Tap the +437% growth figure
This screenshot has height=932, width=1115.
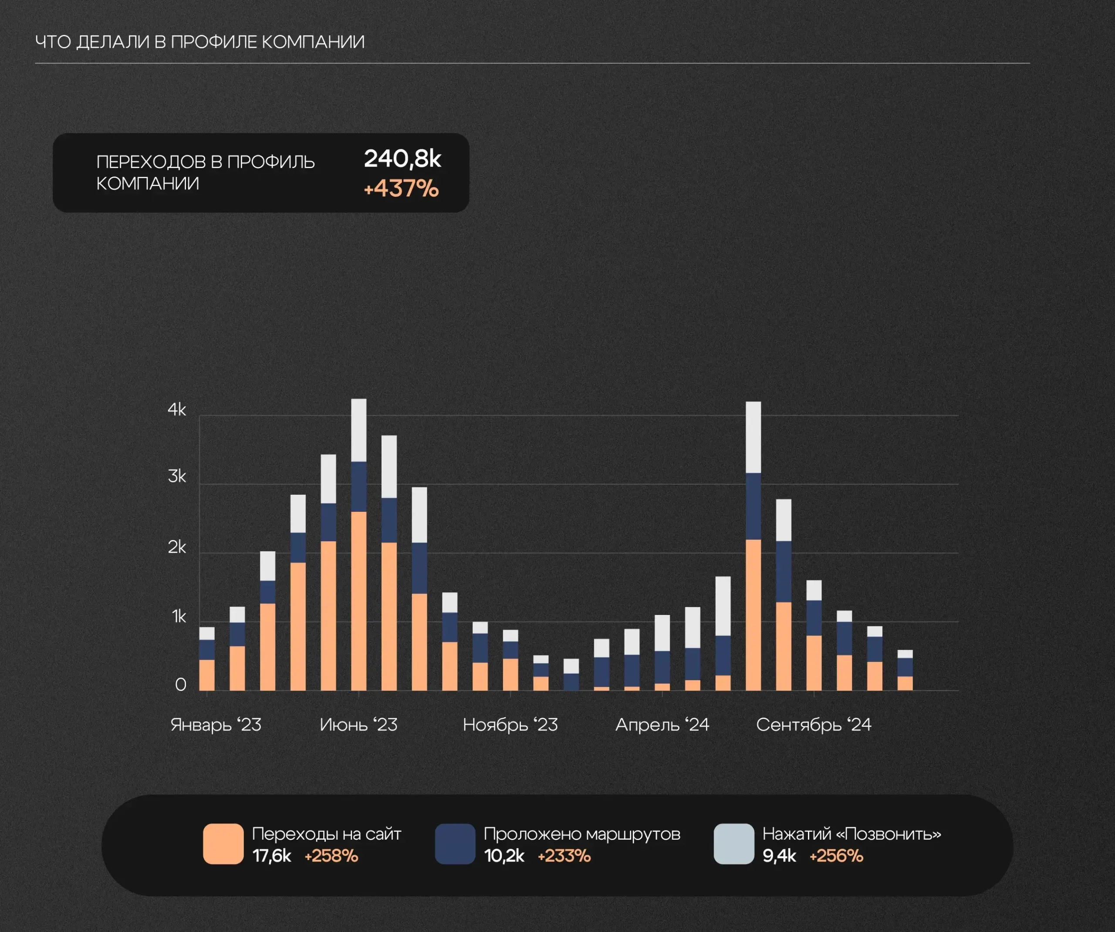pyautogui.click(x=401, y=189)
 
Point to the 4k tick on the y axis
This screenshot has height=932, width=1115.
pyautogui.click(x=177, y=409)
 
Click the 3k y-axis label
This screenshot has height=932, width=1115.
pyautogui.click(x=177, y=476)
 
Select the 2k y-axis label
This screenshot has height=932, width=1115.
pyautogui.click(x=177, y=547)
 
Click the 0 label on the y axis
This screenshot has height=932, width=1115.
pyautogui.click(x=180, y=685)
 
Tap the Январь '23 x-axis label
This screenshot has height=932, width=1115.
pyautogui.click(x=216, y=725)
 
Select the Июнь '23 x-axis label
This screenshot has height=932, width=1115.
pyautogui.click(x=358, y=725)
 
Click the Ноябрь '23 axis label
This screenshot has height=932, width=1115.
pyautogui.click(x=510, y=725)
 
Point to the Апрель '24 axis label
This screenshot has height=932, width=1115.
pyautogui.click(x=662, y=725)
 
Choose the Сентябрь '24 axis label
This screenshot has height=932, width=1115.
pyautogui.click(x=814, y=725)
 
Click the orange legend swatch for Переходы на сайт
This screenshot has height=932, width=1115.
pyautogui.click(x=223, y=844)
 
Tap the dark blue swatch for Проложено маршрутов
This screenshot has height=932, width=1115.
pyautogui.click(x=455, y=844)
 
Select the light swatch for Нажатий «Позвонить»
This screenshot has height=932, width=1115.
pyautogui.click(x=734, y=844)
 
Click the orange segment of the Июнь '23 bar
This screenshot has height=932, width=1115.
pyautogui.click(x=358, y=600)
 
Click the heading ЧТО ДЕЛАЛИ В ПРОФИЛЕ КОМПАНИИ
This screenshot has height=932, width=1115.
pyautogui.click(x=199, y=42)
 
